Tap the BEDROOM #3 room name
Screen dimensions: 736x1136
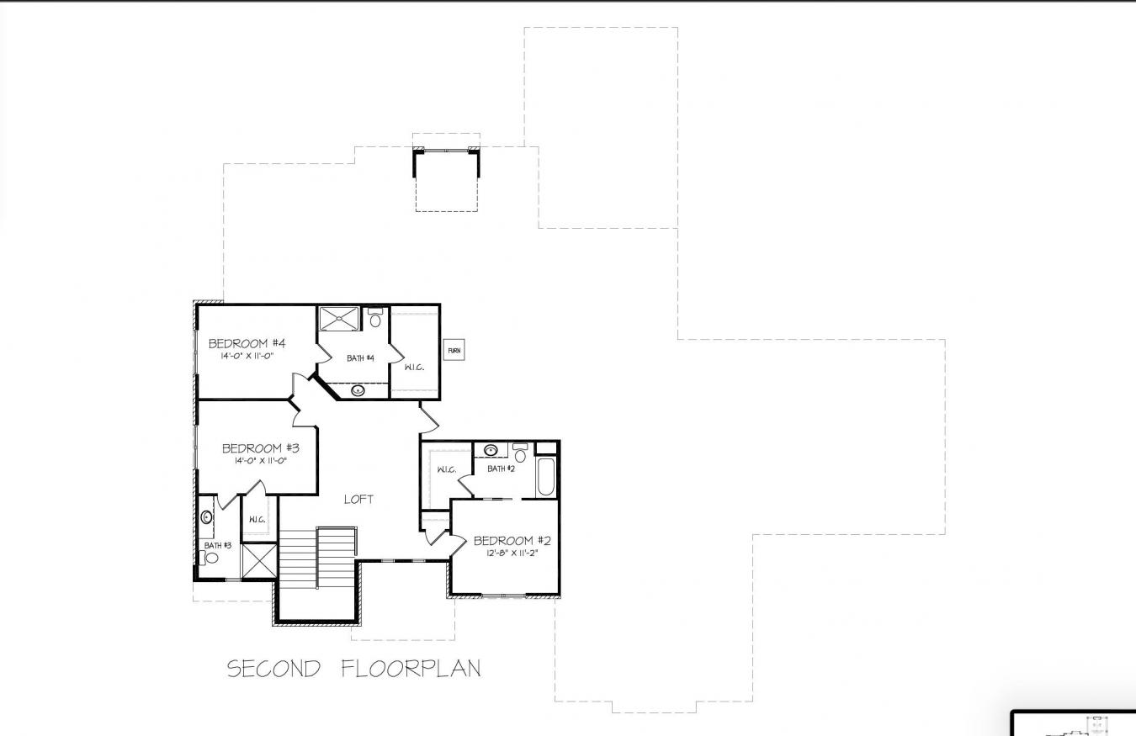pyautogui.click(x=260, y=448)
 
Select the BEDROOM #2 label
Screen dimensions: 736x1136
pyautogui.click(x=512, y=540)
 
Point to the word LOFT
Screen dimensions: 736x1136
pyautogui.click(x=358, y=499)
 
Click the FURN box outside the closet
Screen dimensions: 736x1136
pyautogui.click(x=454, y=350)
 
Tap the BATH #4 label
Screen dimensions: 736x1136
pyautogui.click(x=360, y=358)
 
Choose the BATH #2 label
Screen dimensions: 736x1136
pyautogui.click(x=501, y=469)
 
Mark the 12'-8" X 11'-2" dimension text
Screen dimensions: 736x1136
pyautogui.click(x=512, y=553)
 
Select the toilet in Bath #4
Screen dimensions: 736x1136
pyautogui.click(x=375, y=319)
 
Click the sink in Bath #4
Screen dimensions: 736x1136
pyautogui.click(x=358, y=389)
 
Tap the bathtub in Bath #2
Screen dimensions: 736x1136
pyautogui.click(x=546, y=477)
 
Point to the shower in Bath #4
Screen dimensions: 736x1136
pyautogui.click(x=338, y=319)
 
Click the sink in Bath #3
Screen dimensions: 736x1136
pyautogui.click(x=206, y=517)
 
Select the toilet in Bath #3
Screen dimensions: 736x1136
pyautogui.click(x=212, y=558)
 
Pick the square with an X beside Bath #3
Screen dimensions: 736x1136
pyautogui.click(x=259, y=561)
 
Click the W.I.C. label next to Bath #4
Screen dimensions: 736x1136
pyautogui.click(x=414, y=367)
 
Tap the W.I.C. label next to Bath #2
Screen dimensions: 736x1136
pyautogui.click(x=446, y=469)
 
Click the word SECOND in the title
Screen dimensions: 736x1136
pyautogui.click(x=274, y=669)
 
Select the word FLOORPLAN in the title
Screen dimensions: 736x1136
pyautogui.click(x=411, y=669)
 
